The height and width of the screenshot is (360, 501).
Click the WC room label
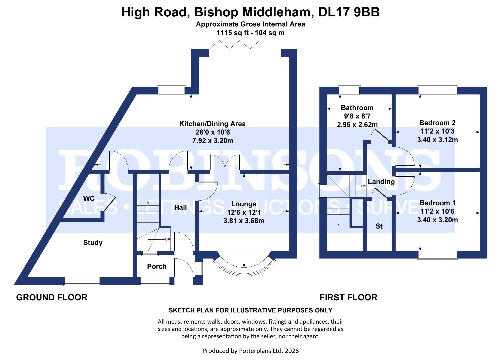89,199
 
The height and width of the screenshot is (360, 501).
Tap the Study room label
93,243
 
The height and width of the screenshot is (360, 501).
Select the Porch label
157,266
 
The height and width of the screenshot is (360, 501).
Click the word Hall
180,207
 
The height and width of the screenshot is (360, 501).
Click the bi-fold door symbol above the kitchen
239,45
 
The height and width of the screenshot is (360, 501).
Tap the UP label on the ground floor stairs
168,239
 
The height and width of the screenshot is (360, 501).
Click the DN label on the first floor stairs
363,186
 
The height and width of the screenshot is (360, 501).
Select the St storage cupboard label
379,226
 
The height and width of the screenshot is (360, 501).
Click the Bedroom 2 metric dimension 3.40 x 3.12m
437,140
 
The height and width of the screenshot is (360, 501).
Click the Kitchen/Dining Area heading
212,124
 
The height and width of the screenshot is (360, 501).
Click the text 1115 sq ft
231,33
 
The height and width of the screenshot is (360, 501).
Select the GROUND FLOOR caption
52,297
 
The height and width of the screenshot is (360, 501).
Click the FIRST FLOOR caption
348,297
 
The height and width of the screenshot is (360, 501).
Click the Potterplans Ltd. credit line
250,351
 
